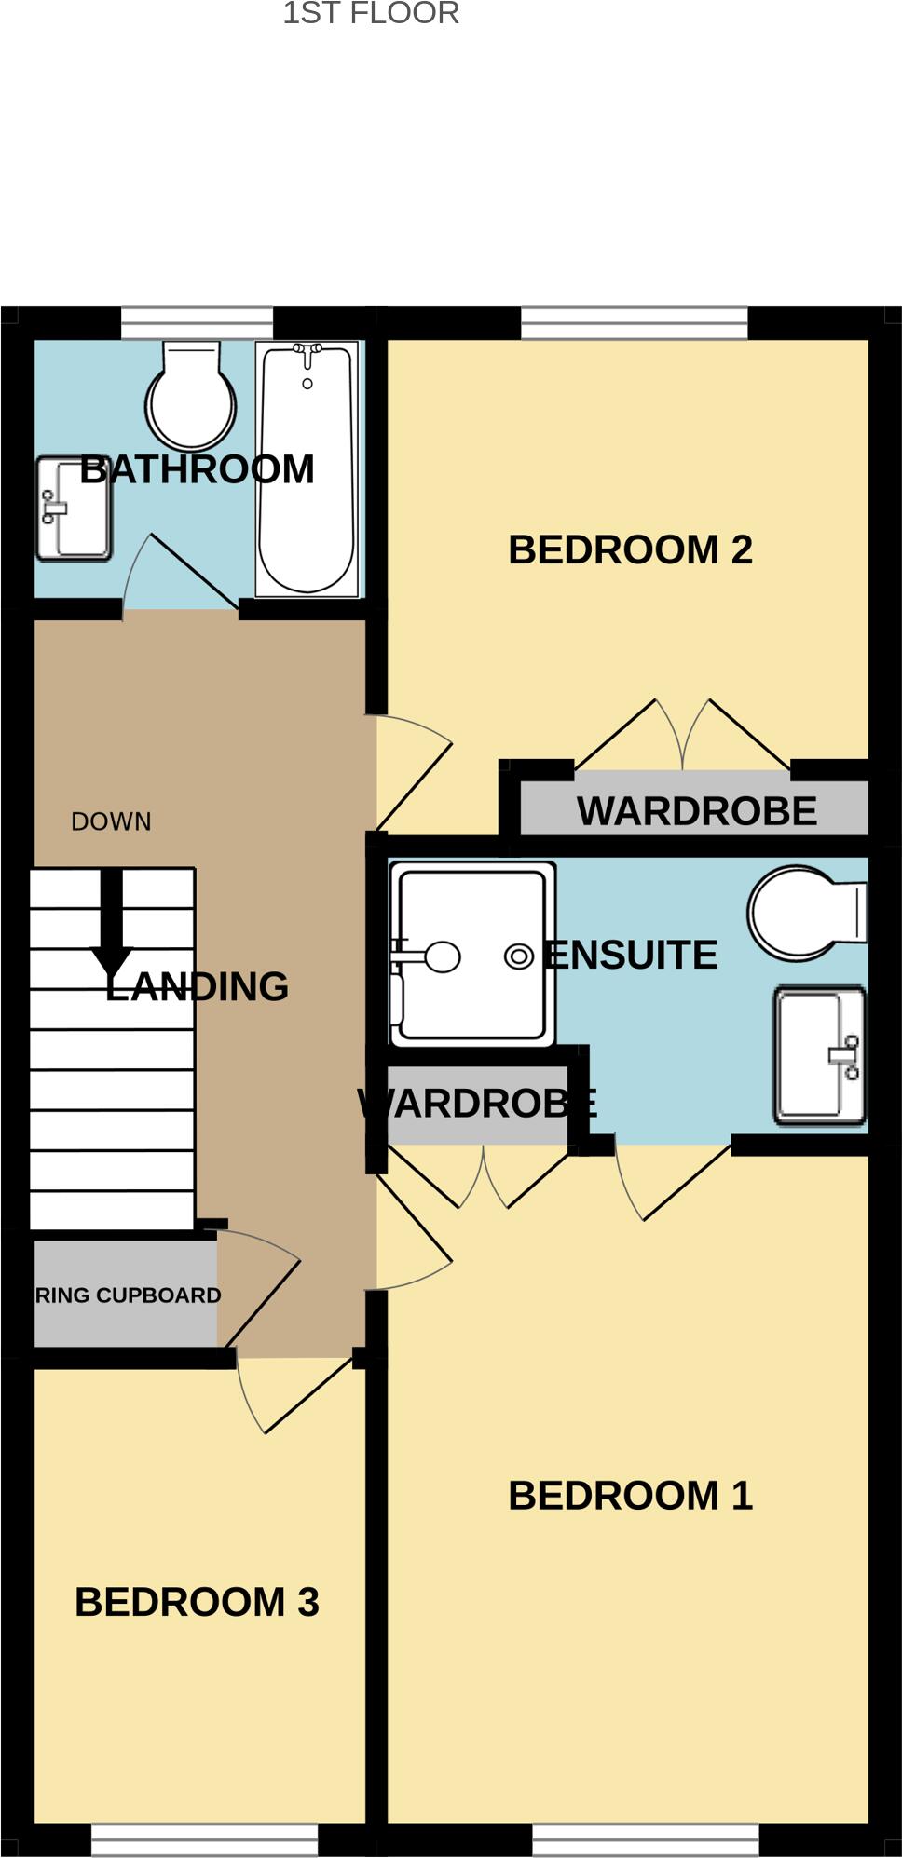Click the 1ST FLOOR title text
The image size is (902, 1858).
tap(371, 13)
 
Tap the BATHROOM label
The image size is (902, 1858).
tap(197, 469)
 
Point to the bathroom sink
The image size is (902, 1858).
tap(74, 509)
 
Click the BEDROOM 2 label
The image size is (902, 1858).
tap(630, 550)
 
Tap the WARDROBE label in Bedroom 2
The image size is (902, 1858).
tap(696, 811)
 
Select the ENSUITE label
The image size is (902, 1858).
tap(631, 956)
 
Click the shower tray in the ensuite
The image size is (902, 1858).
tap(472, 955)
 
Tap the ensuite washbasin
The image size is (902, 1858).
tap(820, 1056)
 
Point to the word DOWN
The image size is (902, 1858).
tap(111, 821)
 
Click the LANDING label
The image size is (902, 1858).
tap(197, 987)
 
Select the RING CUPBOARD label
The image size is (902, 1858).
tap(128, 1295)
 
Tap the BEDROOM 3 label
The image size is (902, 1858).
tap(197, 1603)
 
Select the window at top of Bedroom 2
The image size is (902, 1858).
tap(634, 324)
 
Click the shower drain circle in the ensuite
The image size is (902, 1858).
tap(518, 956)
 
